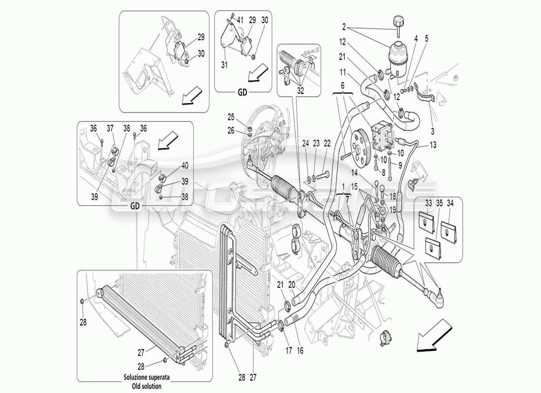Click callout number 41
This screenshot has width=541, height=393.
tap(240, 21)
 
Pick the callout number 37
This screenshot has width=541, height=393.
tap(111, 128)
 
